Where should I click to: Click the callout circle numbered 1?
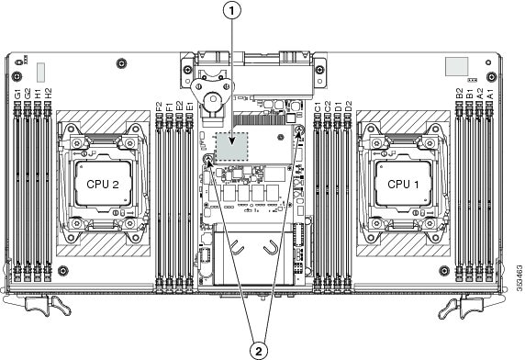pos(231,11)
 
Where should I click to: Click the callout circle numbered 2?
pos(259,351)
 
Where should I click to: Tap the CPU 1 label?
pos(403,185)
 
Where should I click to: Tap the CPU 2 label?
pos(103,185)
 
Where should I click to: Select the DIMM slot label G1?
pos(17,94)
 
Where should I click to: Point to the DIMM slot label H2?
pos(49,94)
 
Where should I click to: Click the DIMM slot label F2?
pos(160,107)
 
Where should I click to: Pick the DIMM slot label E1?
pos(190,107)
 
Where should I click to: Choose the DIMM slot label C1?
pos(318,107)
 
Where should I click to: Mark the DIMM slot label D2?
pos(349,107)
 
